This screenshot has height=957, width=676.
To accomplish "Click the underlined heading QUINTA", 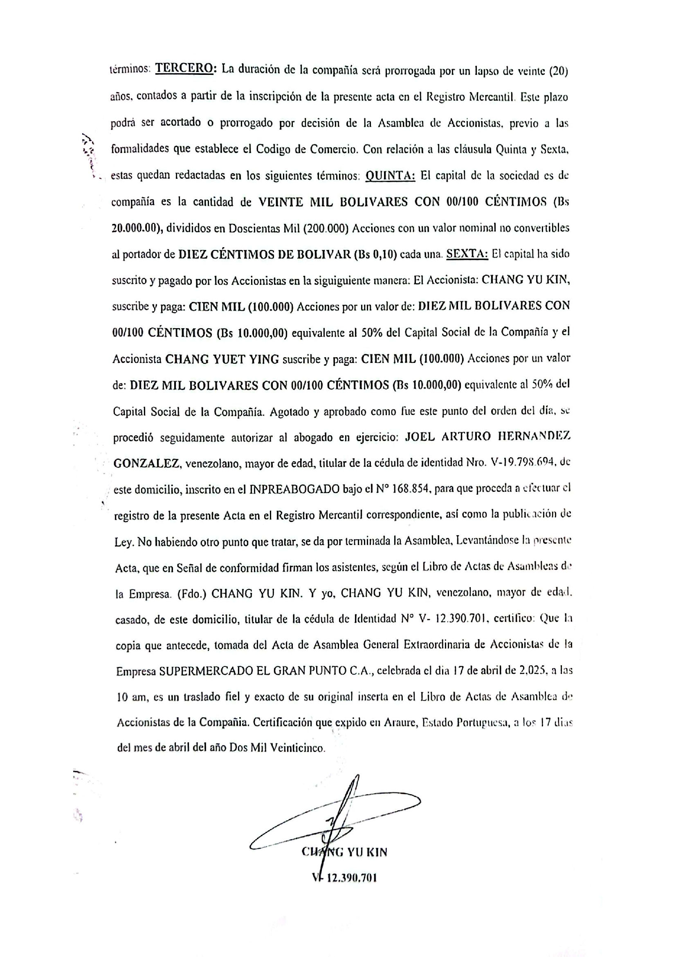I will pos(390,176).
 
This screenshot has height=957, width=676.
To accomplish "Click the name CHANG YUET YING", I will pos(222,359).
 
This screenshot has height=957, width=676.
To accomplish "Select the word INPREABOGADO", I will pos(294,489).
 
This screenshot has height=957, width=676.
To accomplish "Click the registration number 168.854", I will pos(411,489).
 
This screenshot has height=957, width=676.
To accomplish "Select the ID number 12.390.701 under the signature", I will pos(352,878).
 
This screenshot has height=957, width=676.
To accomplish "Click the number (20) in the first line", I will pos(559,71).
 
